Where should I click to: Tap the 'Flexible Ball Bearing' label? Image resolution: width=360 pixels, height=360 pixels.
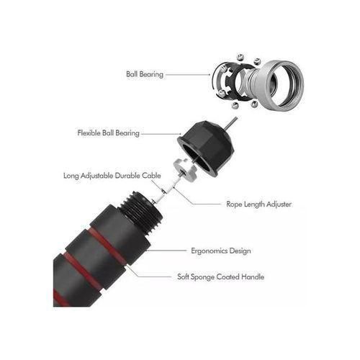(x=108, y=133)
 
